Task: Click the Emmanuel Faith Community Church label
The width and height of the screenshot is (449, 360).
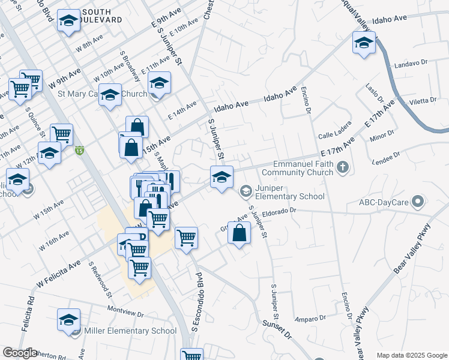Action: (303, 168)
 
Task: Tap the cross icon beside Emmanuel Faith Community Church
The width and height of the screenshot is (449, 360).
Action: (343, 167)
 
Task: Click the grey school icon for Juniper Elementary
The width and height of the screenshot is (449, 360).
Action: (246, 192)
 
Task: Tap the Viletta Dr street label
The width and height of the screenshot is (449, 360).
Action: (424, 100)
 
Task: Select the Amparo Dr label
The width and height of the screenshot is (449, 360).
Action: (310, 317)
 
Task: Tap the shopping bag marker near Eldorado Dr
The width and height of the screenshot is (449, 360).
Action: (240, 233)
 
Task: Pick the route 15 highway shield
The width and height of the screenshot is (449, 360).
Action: (79, 151)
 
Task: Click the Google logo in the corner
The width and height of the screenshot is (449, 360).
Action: (20, 353)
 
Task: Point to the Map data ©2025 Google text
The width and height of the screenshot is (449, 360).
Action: (412, 355)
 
